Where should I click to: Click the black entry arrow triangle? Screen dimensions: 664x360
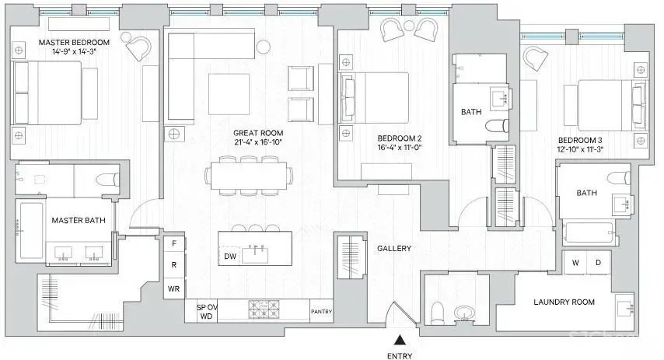point(399,340)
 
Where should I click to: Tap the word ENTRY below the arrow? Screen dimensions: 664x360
point(400,356)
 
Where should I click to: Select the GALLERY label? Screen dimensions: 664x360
point(394,248)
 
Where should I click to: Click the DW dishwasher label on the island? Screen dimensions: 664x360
point(230,257)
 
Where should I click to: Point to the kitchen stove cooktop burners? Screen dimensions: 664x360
point(264,309)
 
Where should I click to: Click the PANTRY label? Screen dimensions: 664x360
point(321,311)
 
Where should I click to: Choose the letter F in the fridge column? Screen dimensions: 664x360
point(174,243)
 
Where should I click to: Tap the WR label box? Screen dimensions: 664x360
point(174,288)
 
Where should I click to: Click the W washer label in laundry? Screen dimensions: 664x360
point(575,263)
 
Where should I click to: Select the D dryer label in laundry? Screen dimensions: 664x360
point(598,263)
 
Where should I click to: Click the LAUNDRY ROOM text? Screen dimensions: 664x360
point(564,302)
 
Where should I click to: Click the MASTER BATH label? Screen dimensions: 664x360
point(79,220)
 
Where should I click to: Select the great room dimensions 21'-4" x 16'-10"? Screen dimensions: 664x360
point(258,142)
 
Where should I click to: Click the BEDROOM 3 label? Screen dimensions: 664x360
point(580,140)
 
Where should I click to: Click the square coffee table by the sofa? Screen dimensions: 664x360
point(229,94)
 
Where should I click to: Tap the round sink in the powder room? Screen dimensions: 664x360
point(463,314)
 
